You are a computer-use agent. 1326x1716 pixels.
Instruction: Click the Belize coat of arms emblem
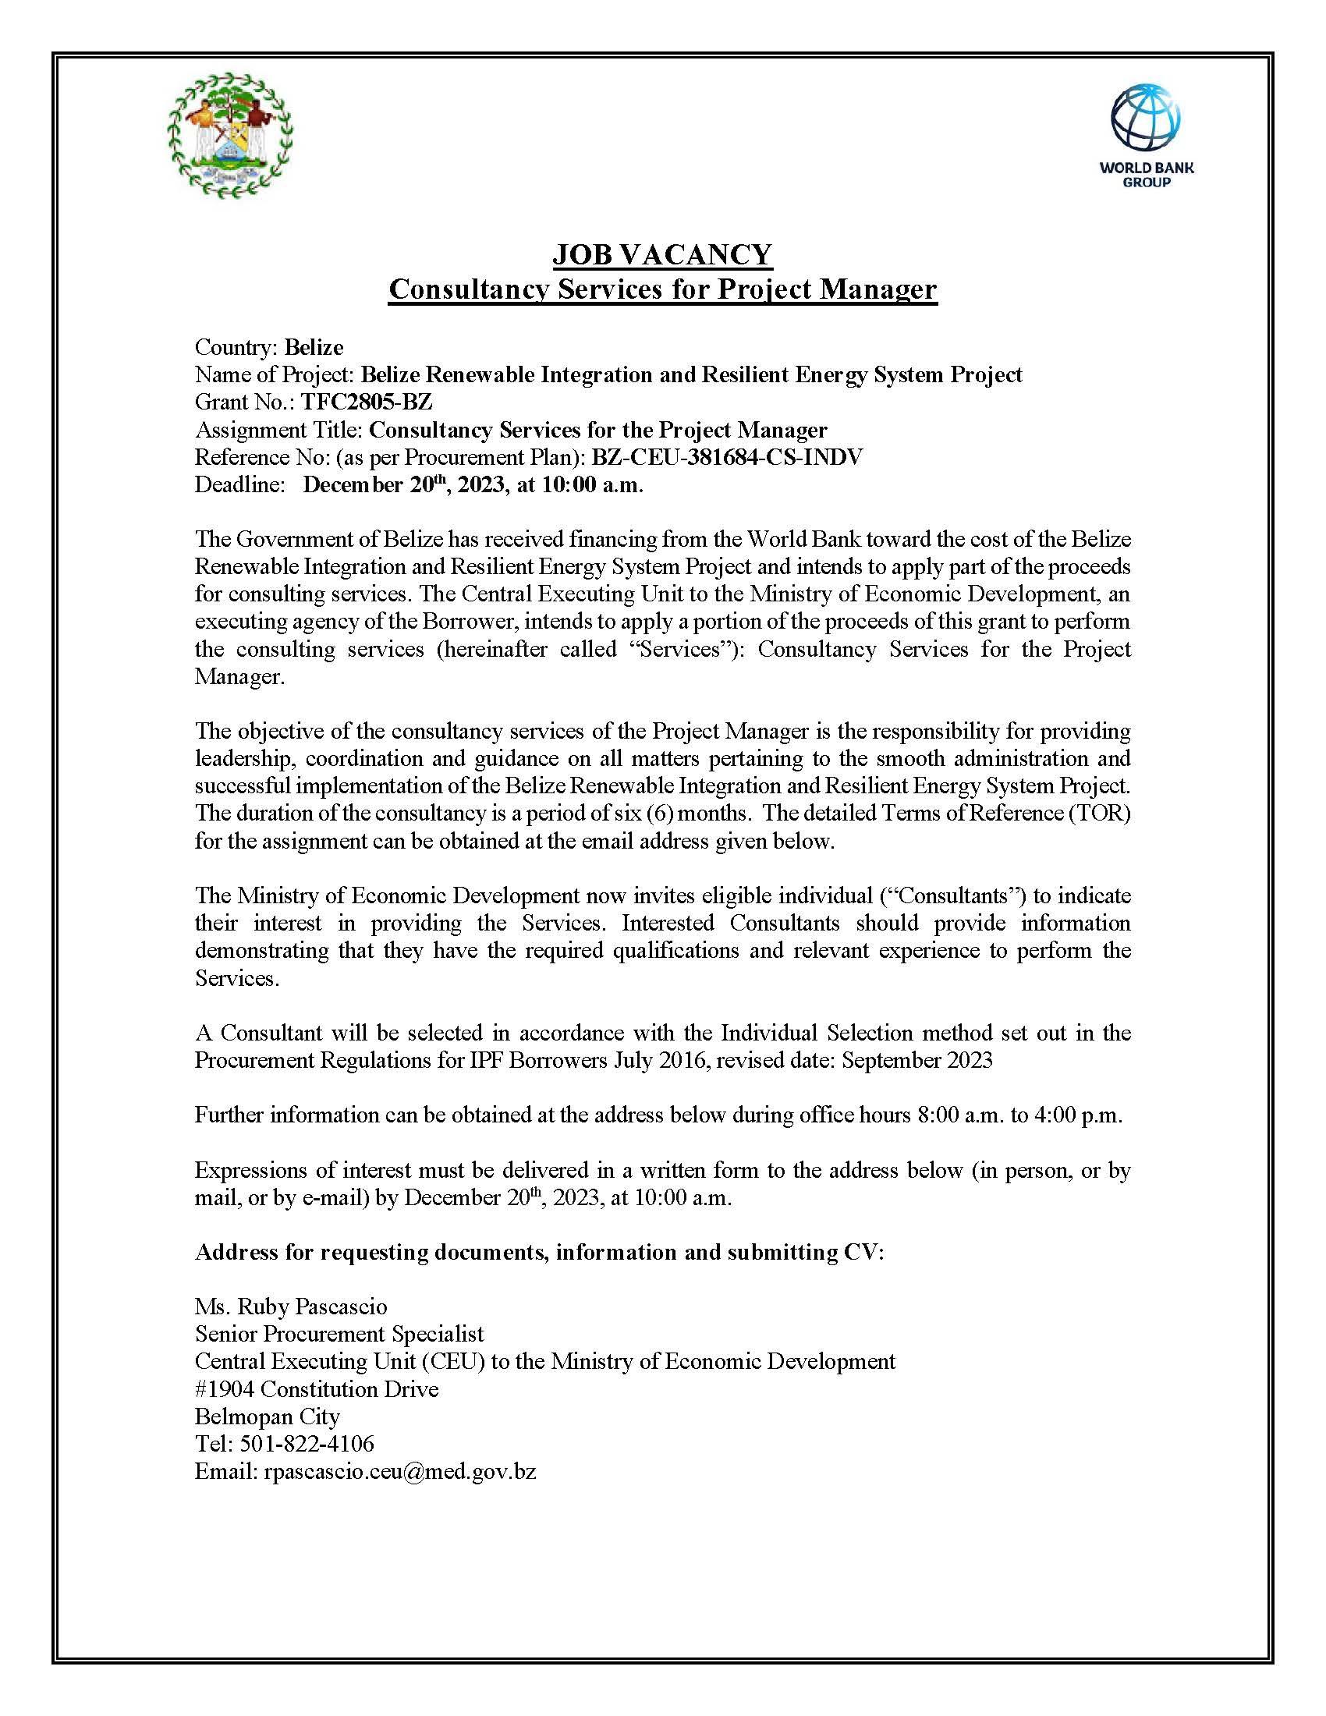tap(230, 134)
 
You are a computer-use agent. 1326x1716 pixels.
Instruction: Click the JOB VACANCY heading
tap(662, 254)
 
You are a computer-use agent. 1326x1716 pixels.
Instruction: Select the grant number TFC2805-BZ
tap(367, 402)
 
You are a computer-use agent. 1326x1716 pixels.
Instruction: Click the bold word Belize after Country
tap(314, 347)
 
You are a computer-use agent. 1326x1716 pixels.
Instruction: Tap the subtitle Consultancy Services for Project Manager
tap(662, 289)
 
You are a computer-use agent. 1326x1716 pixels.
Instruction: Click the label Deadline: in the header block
tap(239, 485)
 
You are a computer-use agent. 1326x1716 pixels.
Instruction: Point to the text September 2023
tap(916, 1060)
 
